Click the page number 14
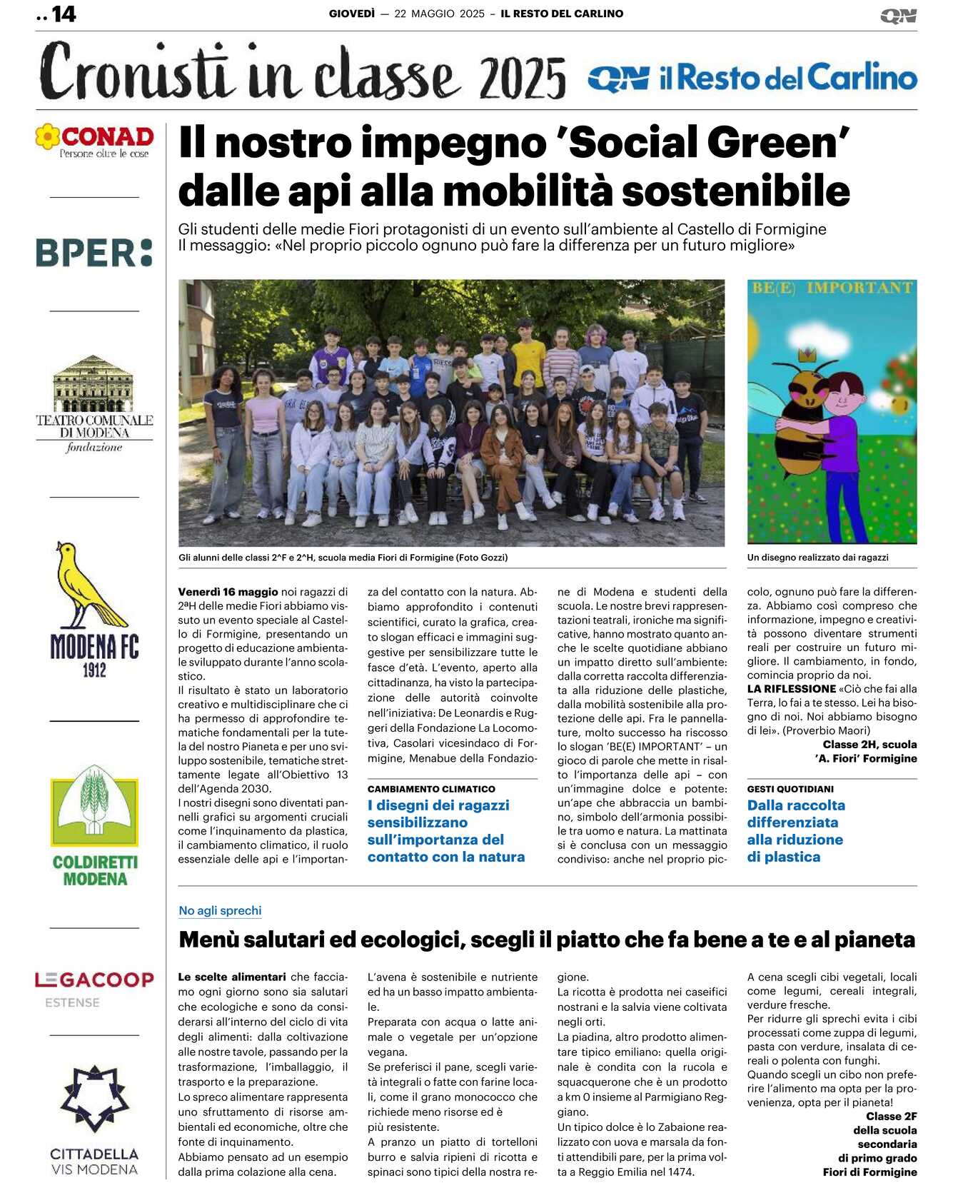[x=64, y=14]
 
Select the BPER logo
[x=94, y=253]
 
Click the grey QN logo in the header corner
[x=898, y=16]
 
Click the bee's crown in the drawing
[x=808, y=354]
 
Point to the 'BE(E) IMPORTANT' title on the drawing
[x=832, y=288]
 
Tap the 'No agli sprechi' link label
[x=220, y=910]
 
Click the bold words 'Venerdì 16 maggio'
[x=228, y=592]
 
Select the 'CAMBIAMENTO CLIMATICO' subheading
[x=431, y=789]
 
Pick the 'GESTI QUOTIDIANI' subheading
[x=790, y=789]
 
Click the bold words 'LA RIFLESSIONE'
[x=791, y=689]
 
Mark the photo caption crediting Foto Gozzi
[x=343, y=558]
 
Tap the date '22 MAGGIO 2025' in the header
[x=439, y=14]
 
